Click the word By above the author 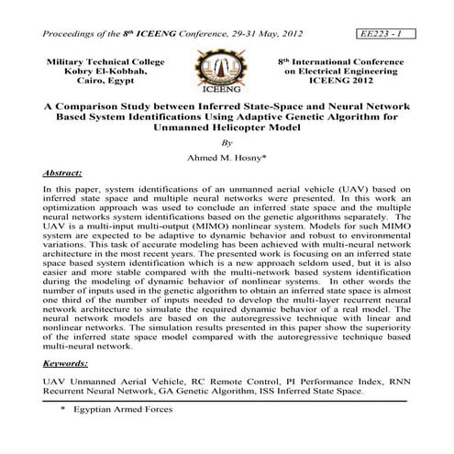[227, 141]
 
